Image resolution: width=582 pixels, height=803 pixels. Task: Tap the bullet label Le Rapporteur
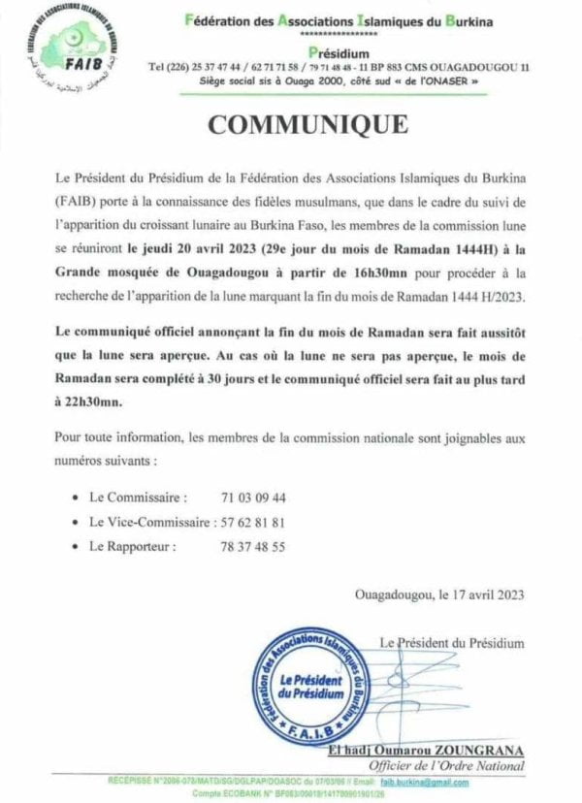pos(133,547)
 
